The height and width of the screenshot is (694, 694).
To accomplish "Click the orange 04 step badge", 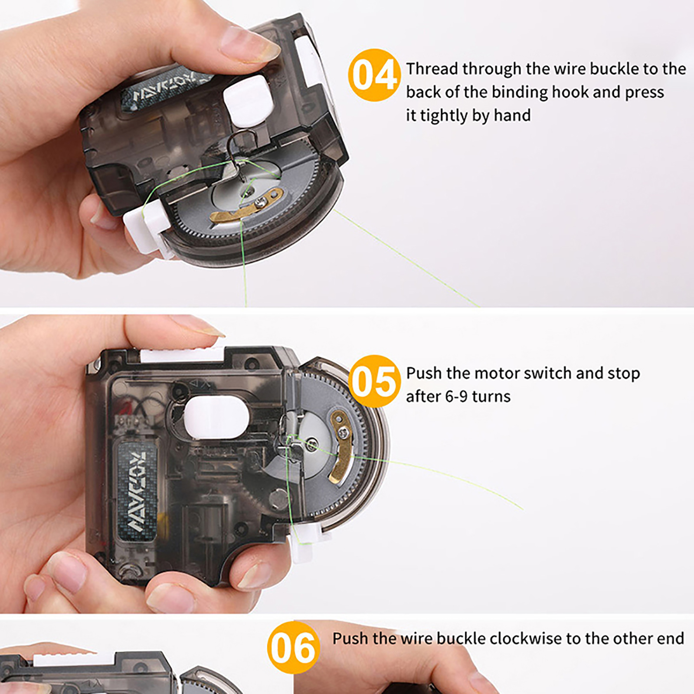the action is click(374, 75).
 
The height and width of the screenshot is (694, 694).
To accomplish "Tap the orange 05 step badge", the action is click(374, 381).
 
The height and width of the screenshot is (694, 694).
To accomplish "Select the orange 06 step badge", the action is click(294, 648).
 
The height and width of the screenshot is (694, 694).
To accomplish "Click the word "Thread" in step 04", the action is click(432, 69).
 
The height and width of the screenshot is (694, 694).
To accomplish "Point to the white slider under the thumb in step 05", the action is click(183, 355).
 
